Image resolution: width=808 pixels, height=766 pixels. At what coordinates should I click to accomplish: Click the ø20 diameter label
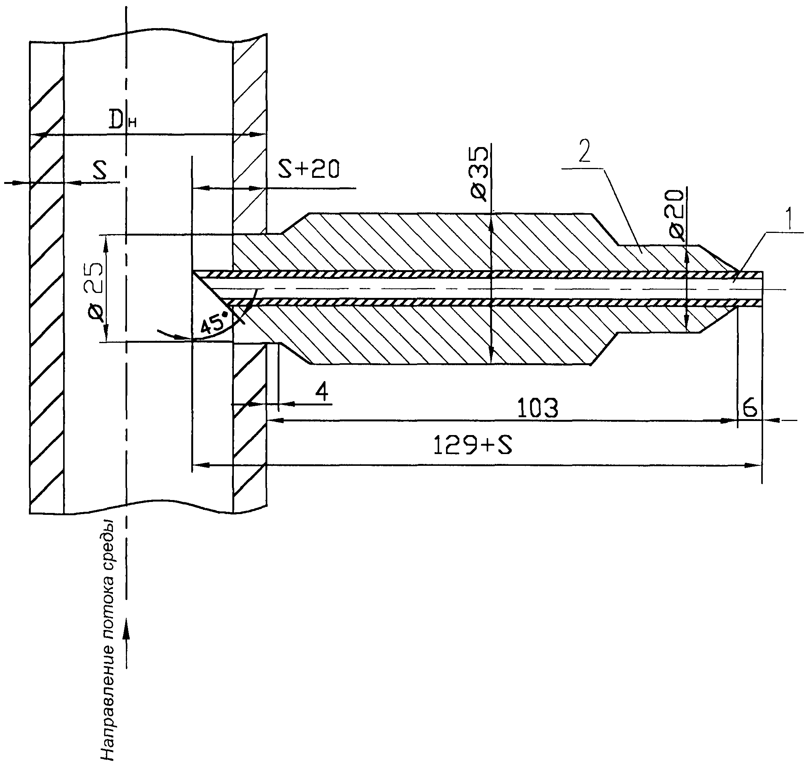tap(676, 214)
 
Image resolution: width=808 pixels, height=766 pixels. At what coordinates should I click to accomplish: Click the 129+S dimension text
tap(472, 445)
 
